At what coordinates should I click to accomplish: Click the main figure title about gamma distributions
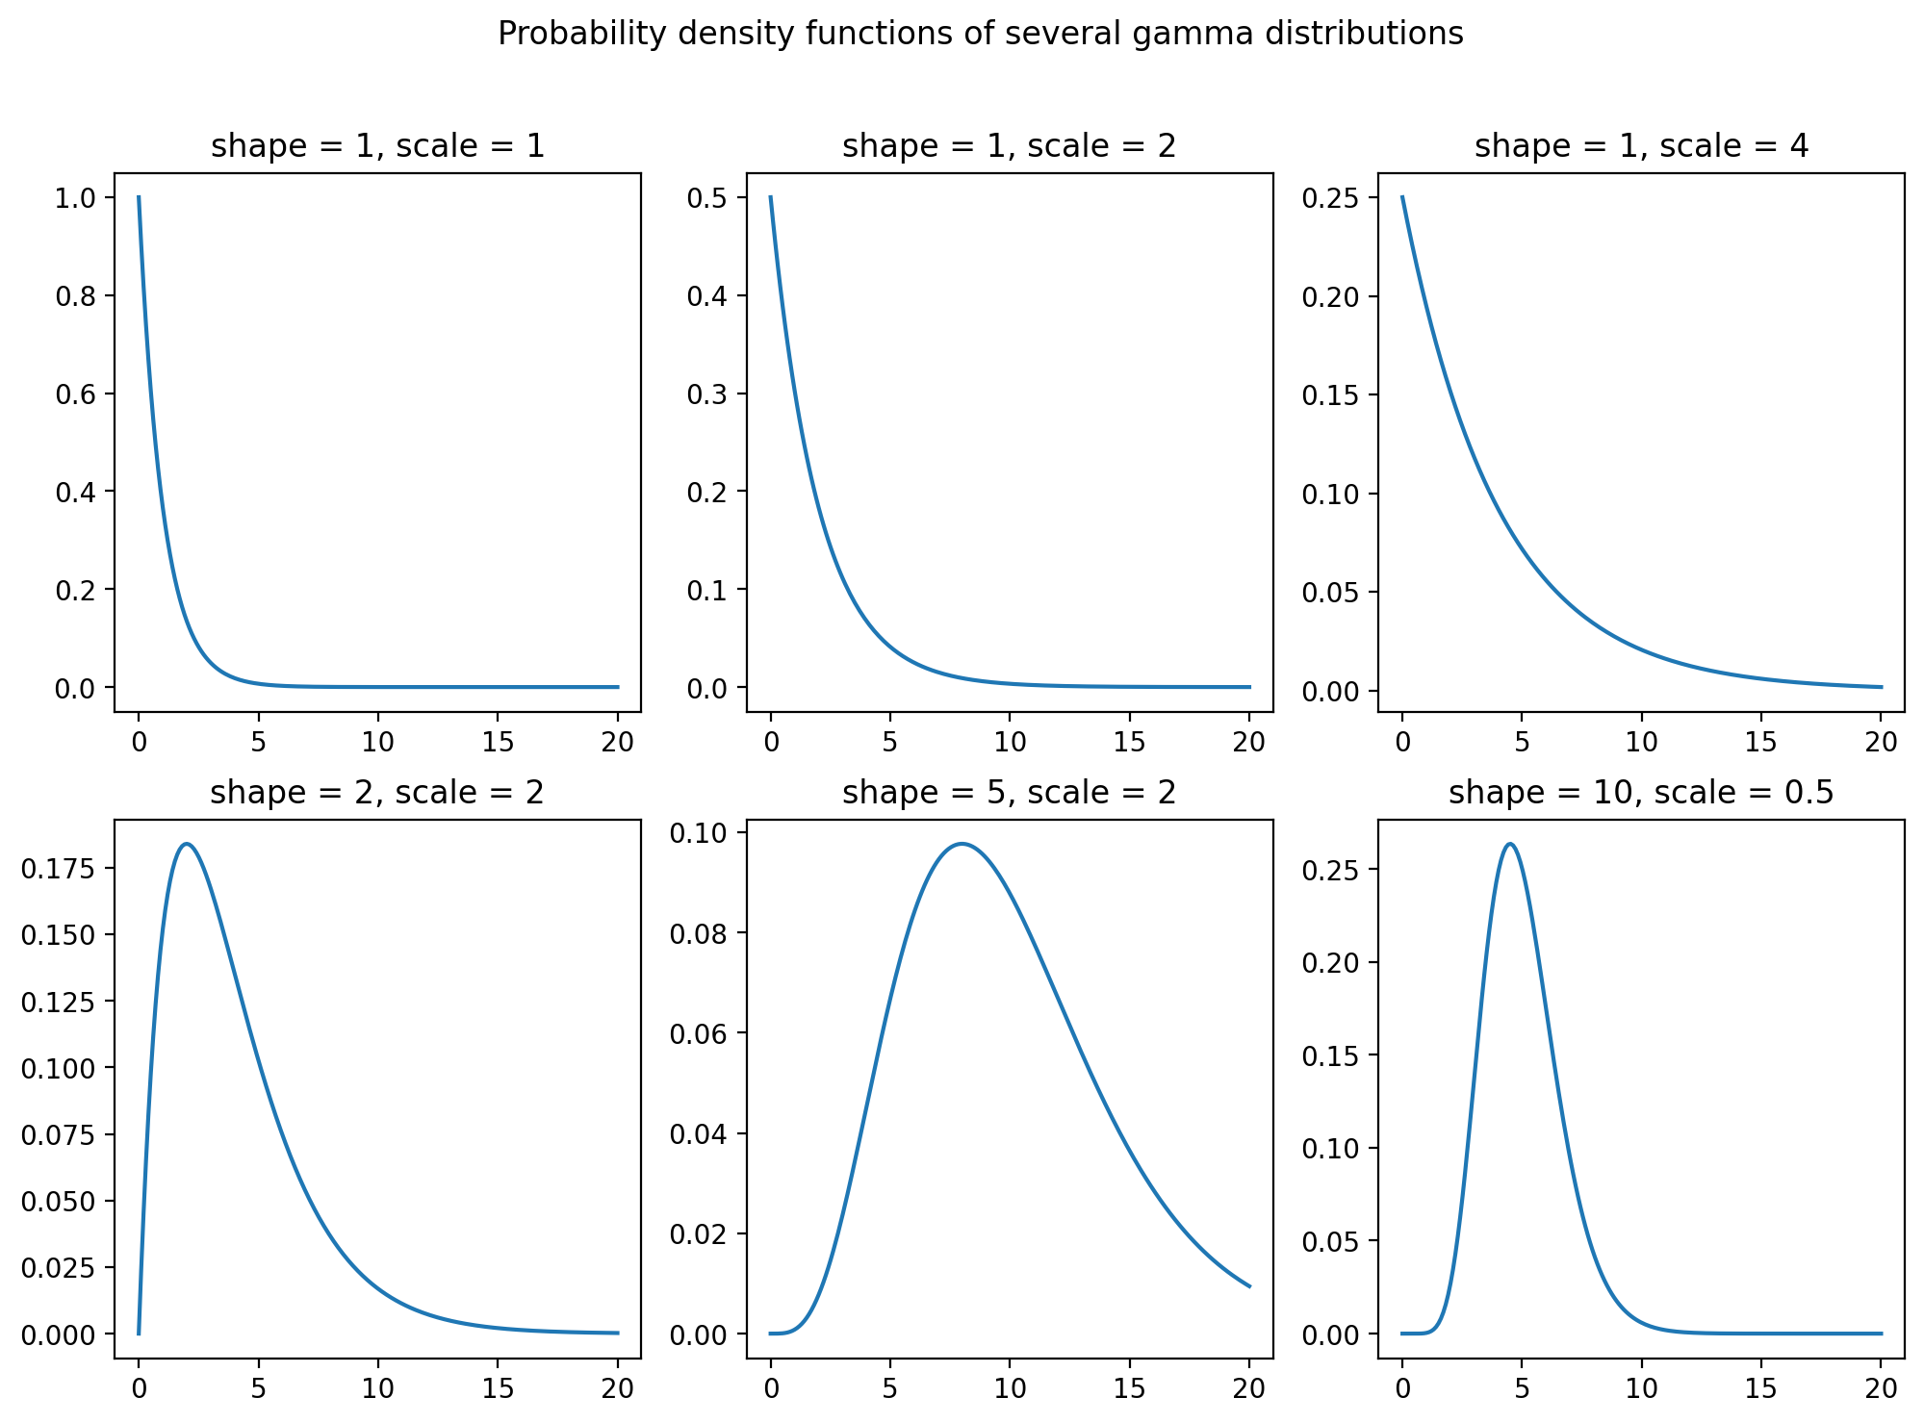pyautogui.click(x=980, y=35)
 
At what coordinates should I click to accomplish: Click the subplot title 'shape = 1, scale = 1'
pyautogui.click(x=377, y=146)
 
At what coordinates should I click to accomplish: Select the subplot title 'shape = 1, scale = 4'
pyautogui.click(x=1641, y=146)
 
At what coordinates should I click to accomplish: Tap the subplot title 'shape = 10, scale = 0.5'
pyautogui.click(x=1641, y=793)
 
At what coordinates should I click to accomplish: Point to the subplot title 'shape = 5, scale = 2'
pyautogui.click(x=1009, y=793)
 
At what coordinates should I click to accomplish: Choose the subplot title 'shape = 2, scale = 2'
pyautogui.click(x=377, y=793)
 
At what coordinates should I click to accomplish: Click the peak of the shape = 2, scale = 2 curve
pyautogui.click(x=186, y=845)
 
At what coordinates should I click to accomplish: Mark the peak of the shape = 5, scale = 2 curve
pyautogui.click(x=962, y=844)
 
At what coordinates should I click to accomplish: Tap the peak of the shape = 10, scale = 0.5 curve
pyautogui.click(x=1510, y=844)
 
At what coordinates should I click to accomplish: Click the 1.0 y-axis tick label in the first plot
pyautogui.click(x=77, y=198)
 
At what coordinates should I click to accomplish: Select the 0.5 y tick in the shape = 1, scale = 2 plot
pyautogui.click(x=709, y=198)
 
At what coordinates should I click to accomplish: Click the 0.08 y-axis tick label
pyautogui.click(x=699, y=933)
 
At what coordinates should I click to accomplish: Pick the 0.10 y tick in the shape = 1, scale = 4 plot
pyautogui.click(x=1330, y=495)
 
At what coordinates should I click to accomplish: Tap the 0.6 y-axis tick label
pyautogui.click(x=77, y=394)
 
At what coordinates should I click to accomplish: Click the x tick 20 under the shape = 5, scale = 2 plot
pyautogui.click(x=1249, y=1388)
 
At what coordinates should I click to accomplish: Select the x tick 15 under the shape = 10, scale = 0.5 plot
pyautogui.click(x=1761, y=1388)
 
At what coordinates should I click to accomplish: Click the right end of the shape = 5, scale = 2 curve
pyautogui.click(x=1249, y=1286)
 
